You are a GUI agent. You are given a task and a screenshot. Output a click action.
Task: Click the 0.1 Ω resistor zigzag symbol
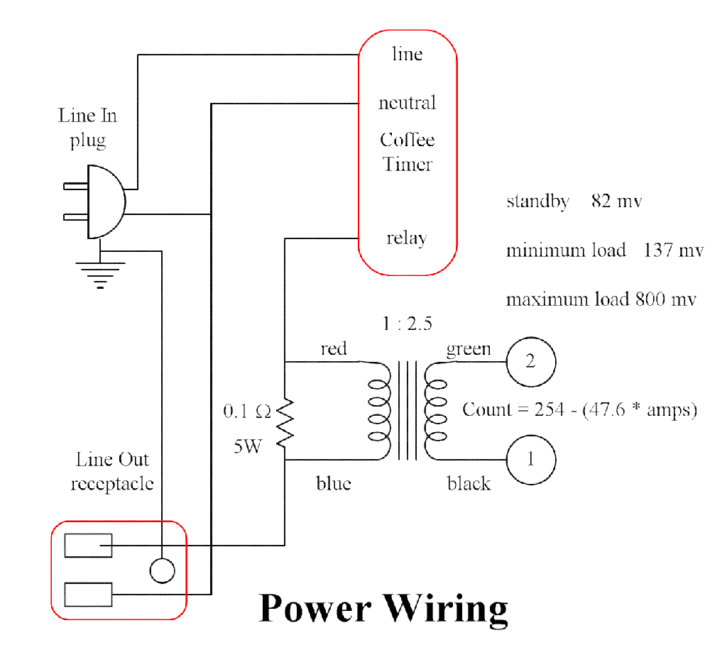pos(285,424)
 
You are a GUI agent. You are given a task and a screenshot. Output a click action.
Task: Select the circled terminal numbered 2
pos(530,362)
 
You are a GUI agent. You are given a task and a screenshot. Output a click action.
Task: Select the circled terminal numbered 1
pos(530,459)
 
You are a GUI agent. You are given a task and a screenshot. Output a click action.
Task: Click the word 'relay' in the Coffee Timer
pos(407,238)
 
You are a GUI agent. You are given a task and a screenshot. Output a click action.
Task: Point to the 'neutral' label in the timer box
pos(407,103)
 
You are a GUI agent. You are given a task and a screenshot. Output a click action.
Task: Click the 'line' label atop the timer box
pos(407,54)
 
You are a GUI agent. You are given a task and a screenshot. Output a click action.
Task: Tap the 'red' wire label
pos(334,348)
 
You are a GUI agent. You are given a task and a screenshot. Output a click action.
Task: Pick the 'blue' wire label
pos(334,483)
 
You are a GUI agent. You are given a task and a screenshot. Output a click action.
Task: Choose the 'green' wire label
pos(468,348)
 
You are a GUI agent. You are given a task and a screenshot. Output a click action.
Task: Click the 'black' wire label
pos(469,483)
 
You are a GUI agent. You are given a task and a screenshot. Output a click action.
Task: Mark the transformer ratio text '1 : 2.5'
pos(407,324)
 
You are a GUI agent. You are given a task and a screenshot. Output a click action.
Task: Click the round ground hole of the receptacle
pos(162,570)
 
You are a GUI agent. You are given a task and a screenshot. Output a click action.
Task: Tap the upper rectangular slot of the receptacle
pos(88,545)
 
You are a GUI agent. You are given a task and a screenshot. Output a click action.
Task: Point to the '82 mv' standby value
pos(616,201)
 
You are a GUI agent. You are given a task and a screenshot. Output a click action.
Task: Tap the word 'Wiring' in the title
pos(446,608)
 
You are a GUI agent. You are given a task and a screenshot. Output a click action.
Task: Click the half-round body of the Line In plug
pos(105,202)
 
